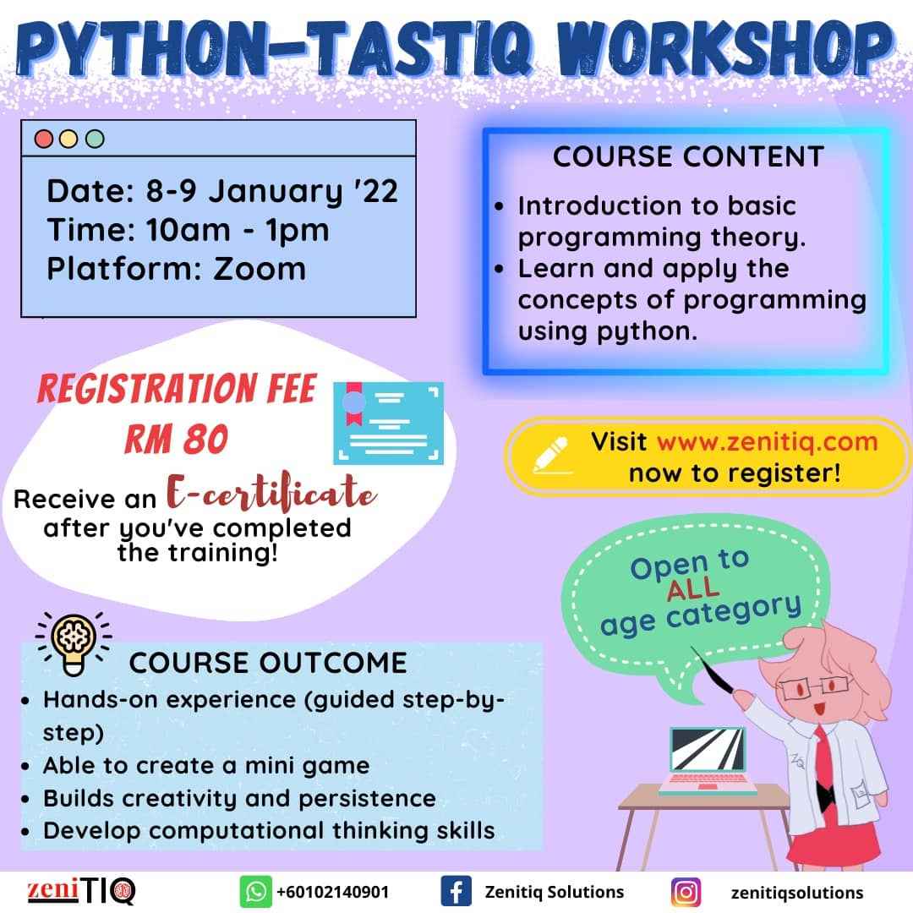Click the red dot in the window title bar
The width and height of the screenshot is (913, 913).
(44, 139)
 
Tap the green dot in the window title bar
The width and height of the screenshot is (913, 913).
(95, 139)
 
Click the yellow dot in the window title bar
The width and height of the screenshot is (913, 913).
(68, 139)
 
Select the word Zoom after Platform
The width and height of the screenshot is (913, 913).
(260, 269)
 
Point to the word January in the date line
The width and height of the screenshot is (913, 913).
(276, 192)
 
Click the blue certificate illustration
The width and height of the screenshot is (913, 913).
(388, 423)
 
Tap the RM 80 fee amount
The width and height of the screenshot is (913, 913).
(177, 439)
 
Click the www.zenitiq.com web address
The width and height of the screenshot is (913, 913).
(767, 442)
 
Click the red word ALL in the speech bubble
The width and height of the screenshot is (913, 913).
(693, 588)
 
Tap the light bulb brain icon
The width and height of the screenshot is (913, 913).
(74, 643)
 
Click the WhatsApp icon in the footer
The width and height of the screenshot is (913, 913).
(255, 892)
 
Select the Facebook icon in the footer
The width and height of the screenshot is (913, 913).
(456, 892)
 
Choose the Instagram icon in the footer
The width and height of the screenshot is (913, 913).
(686, 892)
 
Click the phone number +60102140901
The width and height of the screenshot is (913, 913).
(332, 892)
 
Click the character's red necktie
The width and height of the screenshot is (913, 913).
(822, 757)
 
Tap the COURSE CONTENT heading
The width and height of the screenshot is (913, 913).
(688, 156)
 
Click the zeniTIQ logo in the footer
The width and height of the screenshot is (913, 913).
(81, 891)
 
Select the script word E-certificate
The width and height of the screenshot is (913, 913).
(271, 493)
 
